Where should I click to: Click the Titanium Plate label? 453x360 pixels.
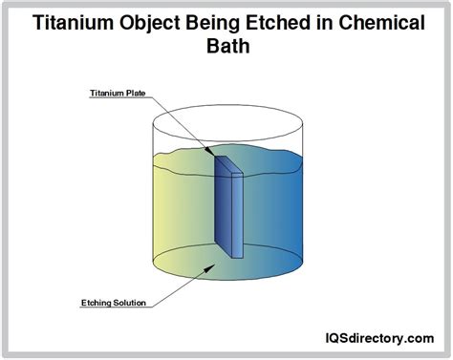point(112,93)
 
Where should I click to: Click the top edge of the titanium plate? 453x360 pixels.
point(229,162)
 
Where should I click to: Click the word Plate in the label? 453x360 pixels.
point(134,93)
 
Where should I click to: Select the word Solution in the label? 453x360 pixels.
point(128,304)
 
